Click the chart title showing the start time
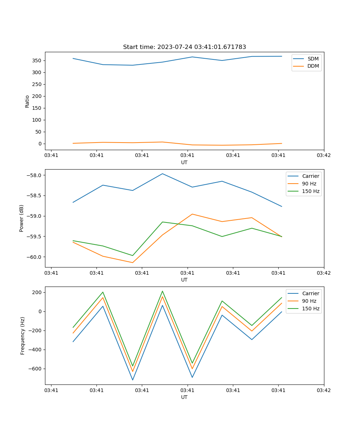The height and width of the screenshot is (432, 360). click(x=184, y=47)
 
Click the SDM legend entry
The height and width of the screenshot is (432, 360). click(x=313, y=59)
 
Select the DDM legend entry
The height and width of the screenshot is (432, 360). click(x=313, y=66)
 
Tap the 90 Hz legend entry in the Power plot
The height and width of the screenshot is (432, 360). click(x=309, y=184)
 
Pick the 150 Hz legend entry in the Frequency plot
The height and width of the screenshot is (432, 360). click(x=311, y=309)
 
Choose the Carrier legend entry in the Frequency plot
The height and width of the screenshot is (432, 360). click(x=310, y=293)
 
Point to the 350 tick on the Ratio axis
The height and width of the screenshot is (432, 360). click(x=37, y=60)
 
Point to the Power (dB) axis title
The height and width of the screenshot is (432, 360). click(x=22, y=218)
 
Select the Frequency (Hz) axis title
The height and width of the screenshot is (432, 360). click(x=23, y=336)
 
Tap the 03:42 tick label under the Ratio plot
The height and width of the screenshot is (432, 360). click(x=324, y=156)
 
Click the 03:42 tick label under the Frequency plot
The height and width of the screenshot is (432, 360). click(x=324, y=390)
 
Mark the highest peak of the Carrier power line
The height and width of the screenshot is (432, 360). click(x=162, y=174)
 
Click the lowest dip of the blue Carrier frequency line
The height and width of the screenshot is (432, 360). click(x=132, y=380)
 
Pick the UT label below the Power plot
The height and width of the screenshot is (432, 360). click(x=184, y=280)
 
